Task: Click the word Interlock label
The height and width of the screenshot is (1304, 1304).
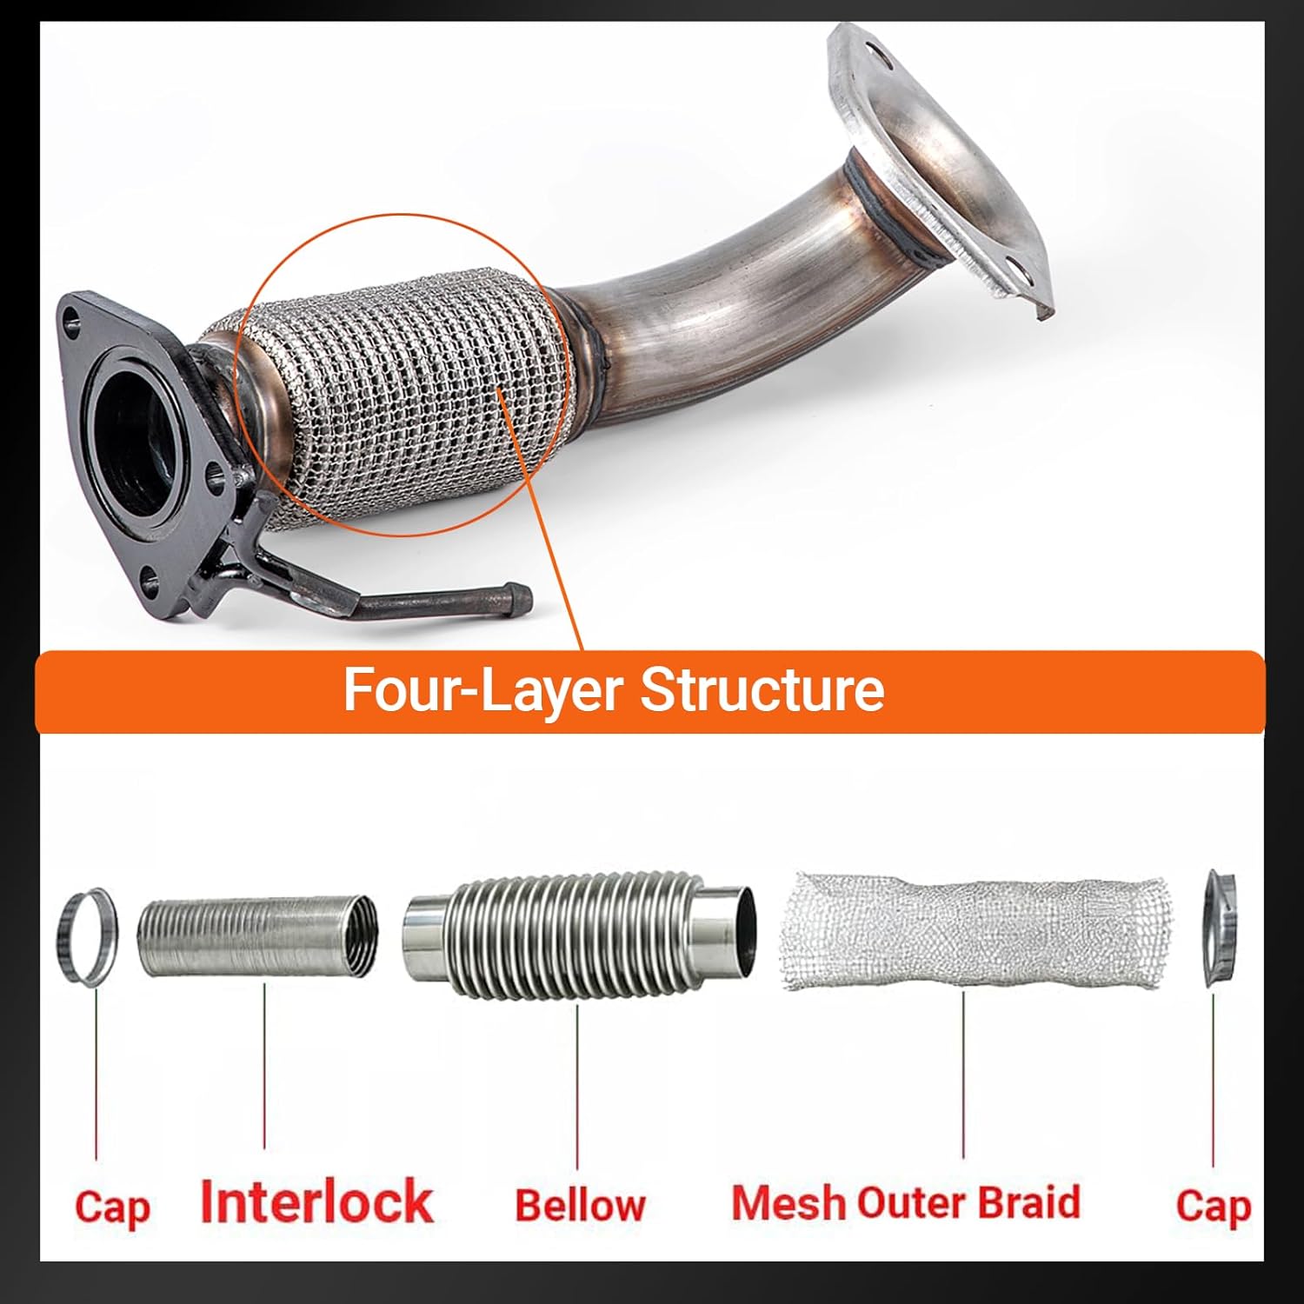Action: (x=316, y=1202)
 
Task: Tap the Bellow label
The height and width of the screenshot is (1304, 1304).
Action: (x=580, y=1205)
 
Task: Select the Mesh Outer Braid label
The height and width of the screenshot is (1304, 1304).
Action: (x=906, y=1203)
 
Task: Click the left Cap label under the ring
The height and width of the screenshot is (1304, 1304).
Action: (x=112, y=1208)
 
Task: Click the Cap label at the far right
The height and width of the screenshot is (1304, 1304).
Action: (x=1214, y=1206)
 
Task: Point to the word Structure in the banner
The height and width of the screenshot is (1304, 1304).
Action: (x=762, y=690)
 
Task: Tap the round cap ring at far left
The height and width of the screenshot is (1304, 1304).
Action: (x=86, y=937)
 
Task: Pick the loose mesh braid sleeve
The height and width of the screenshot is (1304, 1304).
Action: (x=974, y=930)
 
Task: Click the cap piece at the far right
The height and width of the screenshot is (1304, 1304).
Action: (x=1219, y=928)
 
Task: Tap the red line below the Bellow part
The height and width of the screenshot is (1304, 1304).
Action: (x=577, y=1087)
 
